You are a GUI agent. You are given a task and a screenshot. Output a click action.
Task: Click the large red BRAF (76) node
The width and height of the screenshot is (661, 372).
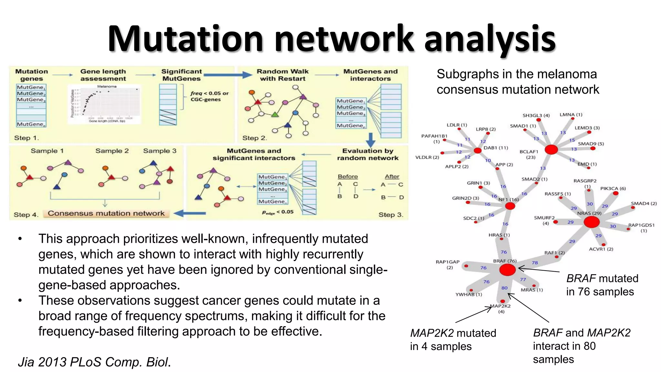(x=507, y=270)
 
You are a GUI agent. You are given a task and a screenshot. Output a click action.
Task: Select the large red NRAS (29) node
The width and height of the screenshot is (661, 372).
(x=591, y=222)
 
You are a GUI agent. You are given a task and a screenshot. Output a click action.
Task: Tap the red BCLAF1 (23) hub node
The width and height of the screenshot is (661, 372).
(x=551, y=150)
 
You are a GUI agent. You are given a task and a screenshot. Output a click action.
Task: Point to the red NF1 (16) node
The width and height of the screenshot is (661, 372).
(x=510, y=206)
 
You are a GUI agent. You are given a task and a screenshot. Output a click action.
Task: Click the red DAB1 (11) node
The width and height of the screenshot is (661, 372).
(x=477, y=150)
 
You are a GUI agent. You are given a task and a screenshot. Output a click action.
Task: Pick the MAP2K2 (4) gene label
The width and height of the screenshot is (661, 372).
(x=501, y=308)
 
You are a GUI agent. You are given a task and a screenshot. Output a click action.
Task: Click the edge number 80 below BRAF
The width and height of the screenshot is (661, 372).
(x=504, y=288)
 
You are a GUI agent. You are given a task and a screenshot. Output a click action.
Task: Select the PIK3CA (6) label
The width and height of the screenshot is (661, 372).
(x=613, y=188)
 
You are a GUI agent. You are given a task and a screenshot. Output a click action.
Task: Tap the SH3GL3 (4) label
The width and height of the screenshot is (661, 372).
(x=536, y=115)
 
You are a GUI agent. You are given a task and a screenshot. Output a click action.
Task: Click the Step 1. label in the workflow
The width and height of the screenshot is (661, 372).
(x=26, y=138)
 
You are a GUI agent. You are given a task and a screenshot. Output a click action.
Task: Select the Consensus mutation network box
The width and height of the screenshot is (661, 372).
(x=106, y=213)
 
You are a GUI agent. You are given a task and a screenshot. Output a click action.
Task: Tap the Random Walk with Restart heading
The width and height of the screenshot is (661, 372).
(x=282, y=75)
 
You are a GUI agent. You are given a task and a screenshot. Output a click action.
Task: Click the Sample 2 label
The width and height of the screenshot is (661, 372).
(x=112, y=151)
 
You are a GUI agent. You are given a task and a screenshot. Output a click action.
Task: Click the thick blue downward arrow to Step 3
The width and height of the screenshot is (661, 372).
(x=371, y=139)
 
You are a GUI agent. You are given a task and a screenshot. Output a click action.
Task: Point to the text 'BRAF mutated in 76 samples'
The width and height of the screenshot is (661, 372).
(x=602, y=285)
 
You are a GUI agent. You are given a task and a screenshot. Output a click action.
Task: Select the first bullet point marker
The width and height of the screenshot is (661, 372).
(x=20, y=239)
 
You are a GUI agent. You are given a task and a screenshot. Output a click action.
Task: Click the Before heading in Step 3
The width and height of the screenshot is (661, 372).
(x=348, y=177)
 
